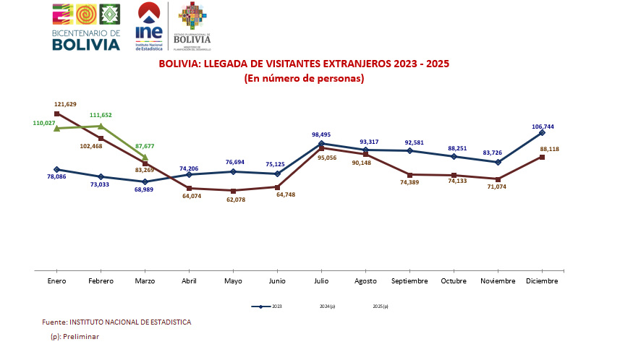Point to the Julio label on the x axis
point(321,280)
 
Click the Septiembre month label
point(410,280)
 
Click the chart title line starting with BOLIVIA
point(304,64)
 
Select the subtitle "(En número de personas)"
point(304,78)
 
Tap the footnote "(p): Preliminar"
point(75,337)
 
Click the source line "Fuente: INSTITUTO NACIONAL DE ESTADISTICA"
point(116,322)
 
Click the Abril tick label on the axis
point(189,280)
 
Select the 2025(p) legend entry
point(381,307)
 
